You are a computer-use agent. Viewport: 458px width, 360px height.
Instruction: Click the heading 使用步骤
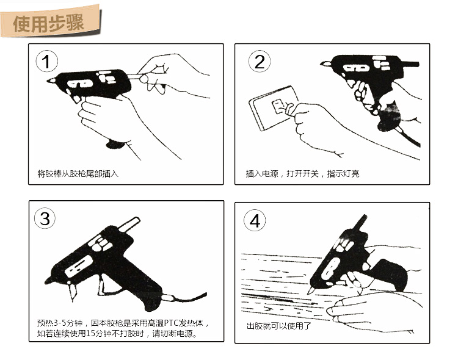coord(48,23)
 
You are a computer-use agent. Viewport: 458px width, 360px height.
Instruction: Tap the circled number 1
coord(47,62)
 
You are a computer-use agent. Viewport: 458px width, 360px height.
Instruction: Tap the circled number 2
coord(260,62)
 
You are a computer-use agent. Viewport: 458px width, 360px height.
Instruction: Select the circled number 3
coord(45,218)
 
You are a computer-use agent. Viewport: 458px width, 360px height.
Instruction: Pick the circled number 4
coord(255,220)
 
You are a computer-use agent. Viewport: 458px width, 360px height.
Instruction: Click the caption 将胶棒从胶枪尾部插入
coord(78,174)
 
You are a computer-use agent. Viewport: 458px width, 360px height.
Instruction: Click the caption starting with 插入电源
coord(302,174)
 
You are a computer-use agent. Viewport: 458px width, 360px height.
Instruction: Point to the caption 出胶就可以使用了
coord(279,326)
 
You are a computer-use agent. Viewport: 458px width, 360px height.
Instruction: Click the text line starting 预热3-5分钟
coord(123,323)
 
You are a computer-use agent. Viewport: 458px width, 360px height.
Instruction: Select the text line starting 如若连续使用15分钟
coord(117,333)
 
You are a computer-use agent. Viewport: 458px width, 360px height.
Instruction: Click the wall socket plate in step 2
coord(273,108)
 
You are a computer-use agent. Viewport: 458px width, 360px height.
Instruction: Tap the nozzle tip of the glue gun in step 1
coord(48,81)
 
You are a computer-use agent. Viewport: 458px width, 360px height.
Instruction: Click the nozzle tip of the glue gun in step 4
coord(308,293)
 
